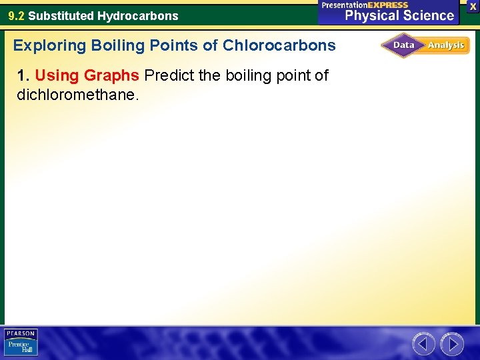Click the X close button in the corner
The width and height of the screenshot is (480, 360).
pos(473,5)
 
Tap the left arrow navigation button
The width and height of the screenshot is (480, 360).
pos(423,344)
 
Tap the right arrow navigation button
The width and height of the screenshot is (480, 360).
pos(452,344)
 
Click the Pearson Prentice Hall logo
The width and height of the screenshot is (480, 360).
pos(21,343)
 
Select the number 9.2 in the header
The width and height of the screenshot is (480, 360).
pos(16,15)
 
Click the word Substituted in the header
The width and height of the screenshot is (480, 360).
pos(61,15)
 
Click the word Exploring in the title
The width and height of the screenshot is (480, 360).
pos(50,45)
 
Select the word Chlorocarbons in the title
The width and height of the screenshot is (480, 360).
pos(279,45)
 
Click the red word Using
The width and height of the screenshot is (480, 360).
pos(57,75)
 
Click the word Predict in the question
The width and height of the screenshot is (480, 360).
pos(167,75)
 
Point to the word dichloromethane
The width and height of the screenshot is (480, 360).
pos(77,95)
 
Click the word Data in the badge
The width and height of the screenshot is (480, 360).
pos(404,45)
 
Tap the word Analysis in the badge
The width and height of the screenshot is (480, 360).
pos(446,45)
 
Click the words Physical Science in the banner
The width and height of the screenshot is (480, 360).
pos(399,15)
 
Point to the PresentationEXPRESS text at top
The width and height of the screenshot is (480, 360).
pos(365,5)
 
